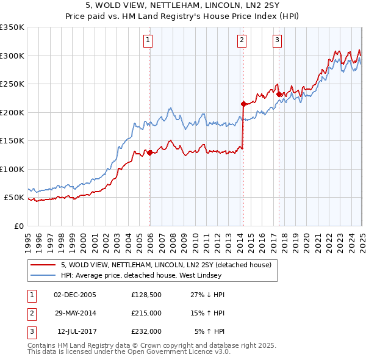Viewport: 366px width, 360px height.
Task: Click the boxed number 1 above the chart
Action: point(148,41)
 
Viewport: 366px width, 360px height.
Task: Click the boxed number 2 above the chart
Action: point(242,41)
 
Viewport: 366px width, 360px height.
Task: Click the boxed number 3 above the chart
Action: point(277,41)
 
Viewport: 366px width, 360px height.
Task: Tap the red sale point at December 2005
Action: point(149,153)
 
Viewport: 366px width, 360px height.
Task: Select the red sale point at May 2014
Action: point(243,104)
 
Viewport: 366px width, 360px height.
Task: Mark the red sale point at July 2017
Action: point(278,94)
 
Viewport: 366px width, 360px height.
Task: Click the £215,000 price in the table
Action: point(146,313)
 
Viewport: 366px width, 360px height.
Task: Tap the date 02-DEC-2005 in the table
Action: point(75,295)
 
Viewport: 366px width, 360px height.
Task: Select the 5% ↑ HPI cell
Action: point(209,331)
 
